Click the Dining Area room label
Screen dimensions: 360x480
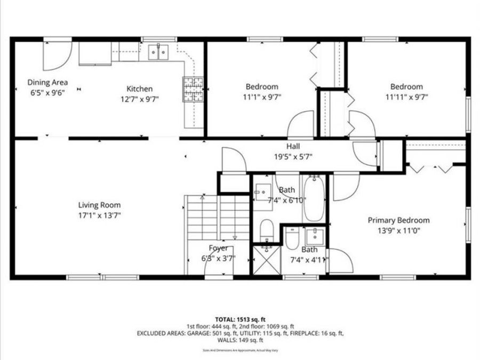pyautogui.click(x=47, y=82)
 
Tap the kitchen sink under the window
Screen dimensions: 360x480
pyautogui.click(x=157, y=51)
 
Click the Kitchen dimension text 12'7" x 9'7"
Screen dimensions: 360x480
pyautogui.click(x=139, y=99)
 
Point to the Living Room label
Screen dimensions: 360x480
pyautogui.click(x=99, y=205)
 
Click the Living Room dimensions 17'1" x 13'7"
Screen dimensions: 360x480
pyautogui.click(x=99, y=215)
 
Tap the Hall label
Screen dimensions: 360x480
pyautogui.click(x=293, y=146)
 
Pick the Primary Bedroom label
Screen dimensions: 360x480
pyautogui.click(x=398, y=220)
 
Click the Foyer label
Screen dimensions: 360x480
pyautogui.click(x=218, y=248)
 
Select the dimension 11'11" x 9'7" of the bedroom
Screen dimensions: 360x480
pyautogui.click(x=406, y=97)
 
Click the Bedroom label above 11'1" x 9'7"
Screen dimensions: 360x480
pyautogui.click(x=262, y=86)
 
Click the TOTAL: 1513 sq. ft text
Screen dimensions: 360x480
pyautogui.click(x=239, y=319)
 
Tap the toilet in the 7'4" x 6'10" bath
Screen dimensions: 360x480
pyautogui.click(x=266, y=230)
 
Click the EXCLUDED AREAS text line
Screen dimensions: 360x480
pyautogui.click(x=239, y=333)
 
